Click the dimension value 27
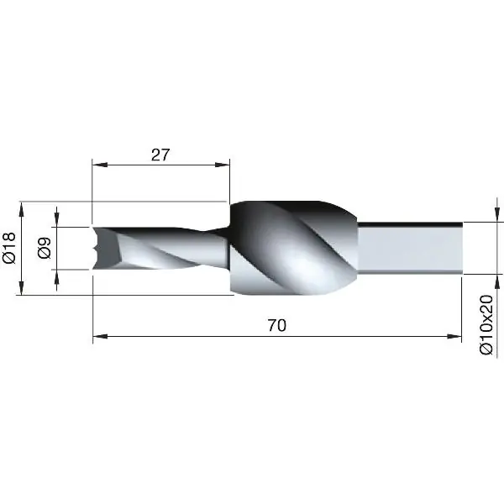tap(160, 154)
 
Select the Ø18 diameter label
tap(10, 249)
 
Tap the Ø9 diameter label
tap(44, 249)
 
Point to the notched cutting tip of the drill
tap(101, 248)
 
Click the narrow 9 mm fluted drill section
tap(160, 249)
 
